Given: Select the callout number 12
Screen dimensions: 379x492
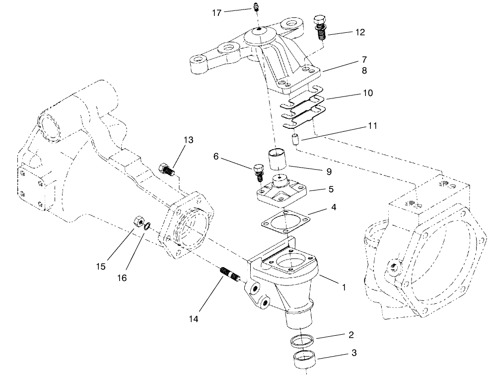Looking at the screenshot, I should (x=360, y=32).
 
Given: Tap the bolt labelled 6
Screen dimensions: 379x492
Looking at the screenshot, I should (x=258, y=171).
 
